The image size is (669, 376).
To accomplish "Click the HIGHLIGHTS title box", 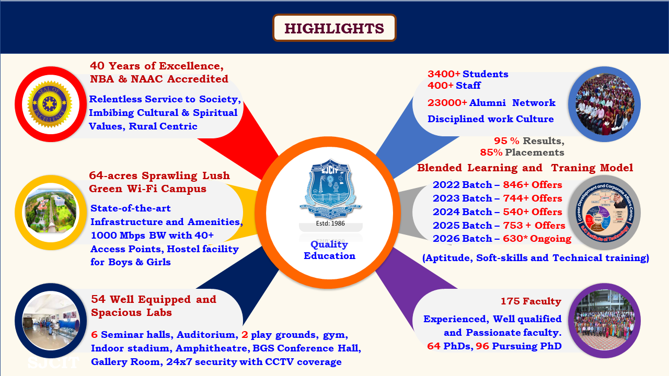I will click(334, 28).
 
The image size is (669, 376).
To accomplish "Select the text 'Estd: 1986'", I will click(330, 224).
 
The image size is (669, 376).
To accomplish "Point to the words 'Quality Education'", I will click(330, 250).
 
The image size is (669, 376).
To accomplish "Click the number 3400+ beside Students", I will click(444, 74).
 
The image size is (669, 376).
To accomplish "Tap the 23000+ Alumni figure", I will click(447, 103).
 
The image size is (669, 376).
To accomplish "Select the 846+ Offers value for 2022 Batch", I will click(532, 185).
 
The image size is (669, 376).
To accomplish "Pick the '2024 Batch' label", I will click(462, 212).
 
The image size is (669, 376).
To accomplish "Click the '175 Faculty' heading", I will click(530, 301).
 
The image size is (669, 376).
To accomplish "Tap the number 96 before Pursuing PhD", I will click(482, 346).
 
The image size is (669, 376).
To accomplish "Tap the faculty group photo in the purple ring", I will click(604, 320).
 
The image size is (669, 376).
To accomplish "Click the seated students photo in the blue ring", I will click(604, 104).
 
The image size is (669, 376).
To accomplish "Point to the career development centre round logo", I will click(604, 212).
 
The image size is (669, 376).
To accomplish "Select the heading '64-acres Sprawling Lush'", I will click(159, 175).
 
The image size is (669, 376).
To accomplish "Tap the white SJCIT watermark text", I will click(53, 362).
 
